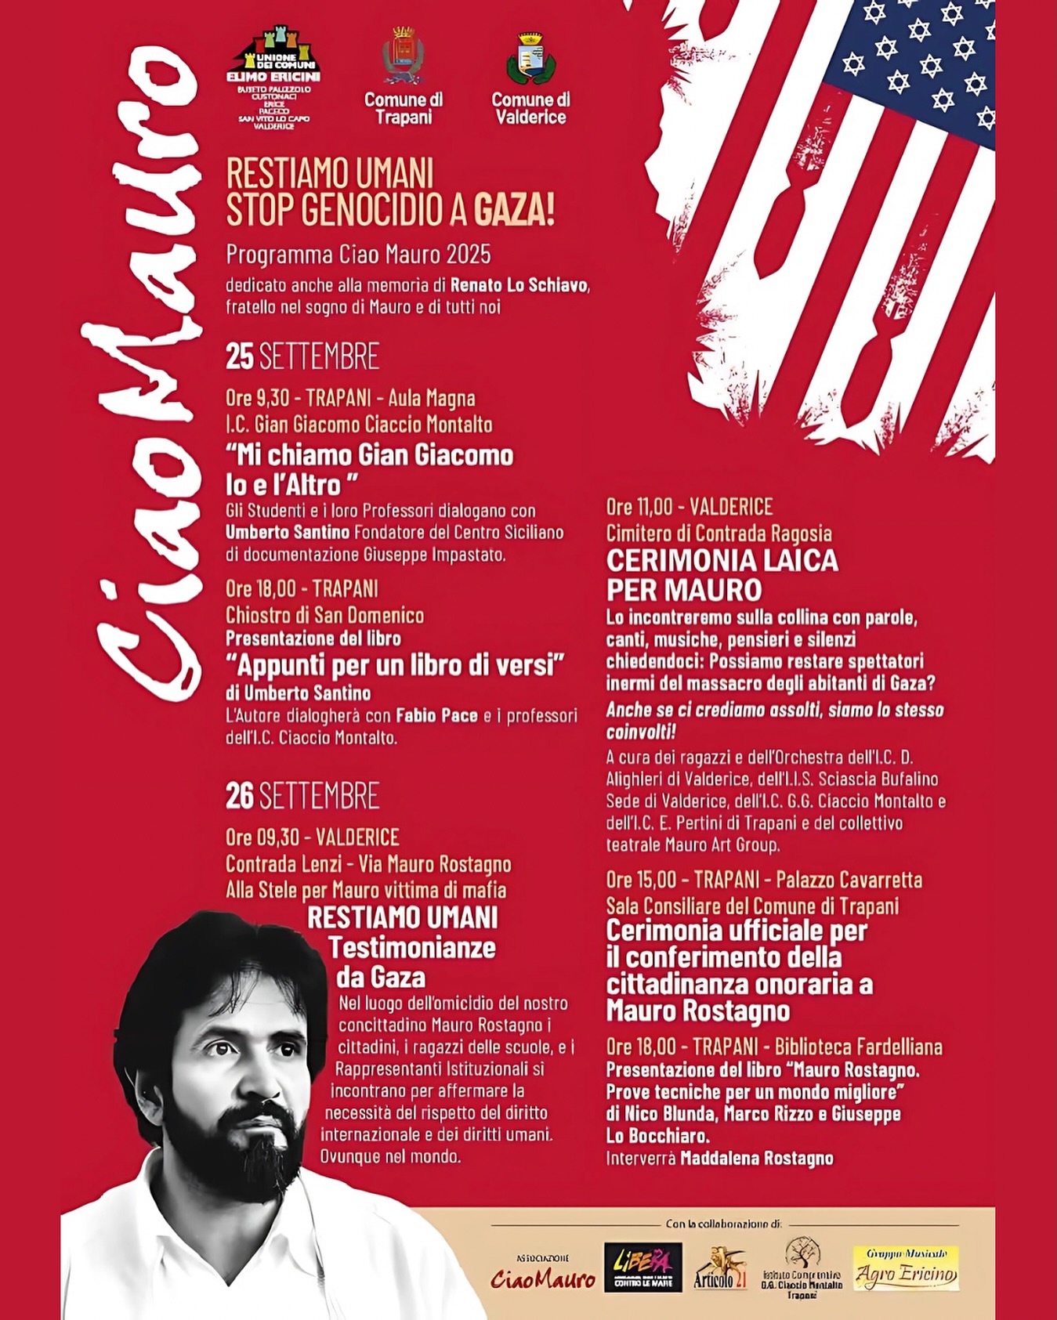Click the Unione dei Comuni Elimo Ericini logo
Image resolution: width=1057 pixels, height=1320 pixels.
point(273,78)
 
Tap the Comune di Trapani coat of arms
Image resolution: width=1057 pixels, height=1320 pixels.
point(403,56)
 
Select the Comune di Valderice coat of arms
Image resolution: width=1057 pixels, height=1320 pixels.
point(530,59)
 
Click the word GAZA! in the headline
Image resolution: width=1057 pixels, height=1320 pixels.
point(514,209)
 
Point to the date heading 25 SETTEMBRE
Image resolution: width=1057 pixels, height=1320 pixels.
point(302,356)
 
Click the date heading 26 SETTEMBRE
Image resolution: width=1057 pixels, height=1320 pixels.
point(302,796)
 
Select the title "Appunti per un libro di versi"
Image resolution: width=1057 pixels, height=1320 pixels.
point(395,665)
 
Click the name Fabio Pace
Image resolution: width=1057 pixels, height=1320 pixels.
point(436,715)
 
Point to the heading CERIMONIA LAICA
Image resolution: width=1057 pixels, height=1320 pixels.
point(722,561)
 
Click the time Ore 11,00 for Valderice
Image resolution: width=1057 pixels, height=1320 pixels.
point(639,507)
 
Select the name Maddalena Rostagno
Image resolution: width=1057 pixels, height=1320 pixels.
point(756,1158)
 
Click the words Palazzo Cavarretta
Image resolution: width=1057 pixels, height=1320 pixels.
point(849,880)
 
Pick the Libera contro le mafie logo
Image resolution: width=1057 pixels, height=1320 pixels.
point(643,1268)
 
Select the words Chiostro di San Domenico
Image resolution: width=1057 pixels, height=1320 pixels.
point(324,615)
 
